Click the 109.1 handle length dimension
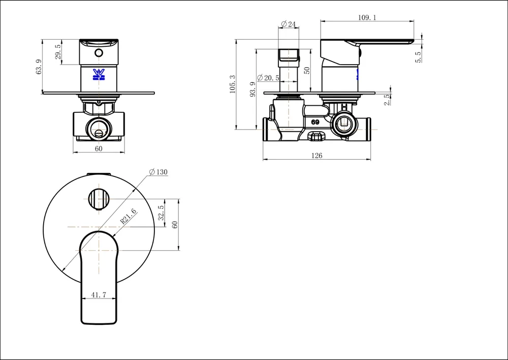(367, 17)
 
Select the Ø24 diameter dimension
(288, 24)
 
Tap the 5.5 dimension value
(418, 57)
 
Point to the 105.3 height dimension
(233, 84)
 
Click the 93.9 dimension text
(253, 89)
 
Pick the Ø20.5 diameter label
(268, 78)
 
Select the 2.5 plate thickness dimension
(387, 100)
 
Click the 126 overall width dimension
(316, 156)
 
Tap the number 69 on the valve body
(315, 122)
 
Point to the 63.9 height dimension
(39, 67)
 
